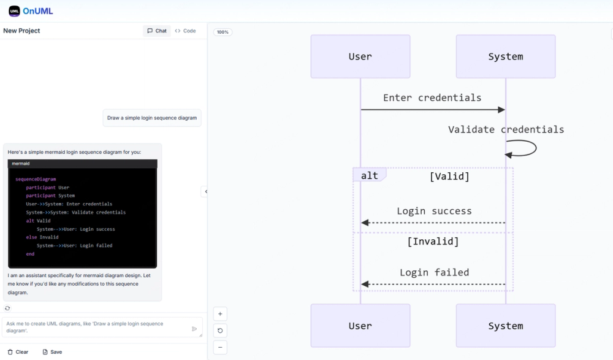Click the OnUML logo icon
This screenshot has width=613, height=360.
[x=14, y=11]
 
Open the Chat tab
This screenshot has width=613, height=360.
[x=156, y=31]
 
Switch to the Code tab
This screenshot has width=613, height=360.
[x=185, y=31]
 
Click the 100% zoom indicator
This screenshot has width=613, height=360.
[x=223, y=32]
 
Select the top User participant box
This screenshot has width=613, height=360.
[x=360, y=56]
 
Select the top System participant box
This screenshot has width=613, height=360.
[x=505, y=56]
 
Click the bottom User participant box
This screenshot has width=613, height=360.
[x=360, y=326]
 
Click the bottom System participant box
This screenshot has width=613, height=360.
[x=505, y=326]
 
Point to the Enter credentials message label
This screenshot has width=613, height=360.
[x=432, y=98]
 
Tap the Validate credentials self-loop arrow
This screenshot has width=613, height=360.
[x=522, y=148]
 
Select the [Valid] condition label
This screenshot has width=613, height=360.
[x=449, y=177]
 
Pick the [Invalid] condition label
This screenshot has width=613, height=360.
[x=433, y=242]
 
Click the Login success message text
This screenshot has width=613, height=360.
[x=434, y=211]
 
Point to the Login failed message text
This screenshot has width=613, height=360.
[x=434, y=272]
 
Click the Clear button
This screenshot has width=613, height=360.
[x=18, y=352]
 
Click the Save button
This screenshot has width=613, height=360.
[x=52, y=352]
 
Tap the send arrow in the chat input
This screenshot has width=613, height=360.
[x=194, y=329]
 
